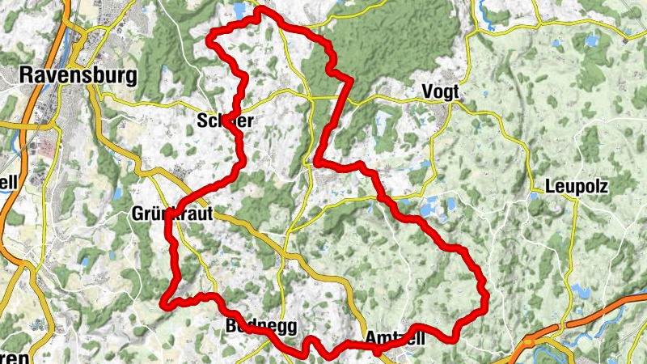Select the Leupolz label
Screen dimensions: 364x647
tap(576, 185)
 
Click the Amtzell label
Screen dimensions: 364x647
tap(395, 338)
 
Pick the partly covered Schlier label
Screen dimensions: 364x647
tap(226, 121)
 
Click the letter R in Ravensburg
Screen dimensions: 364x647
tap(24, 76)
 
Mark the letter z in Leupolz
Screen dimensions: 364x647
tap(604, 185)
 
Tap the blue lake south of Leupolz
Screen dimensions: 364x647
tap(579, 289)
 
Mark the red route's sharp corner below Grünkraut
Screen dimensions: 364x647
tap(166, 304)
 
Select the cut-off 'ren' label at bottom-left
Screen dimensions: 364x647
tap(15, 356)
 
